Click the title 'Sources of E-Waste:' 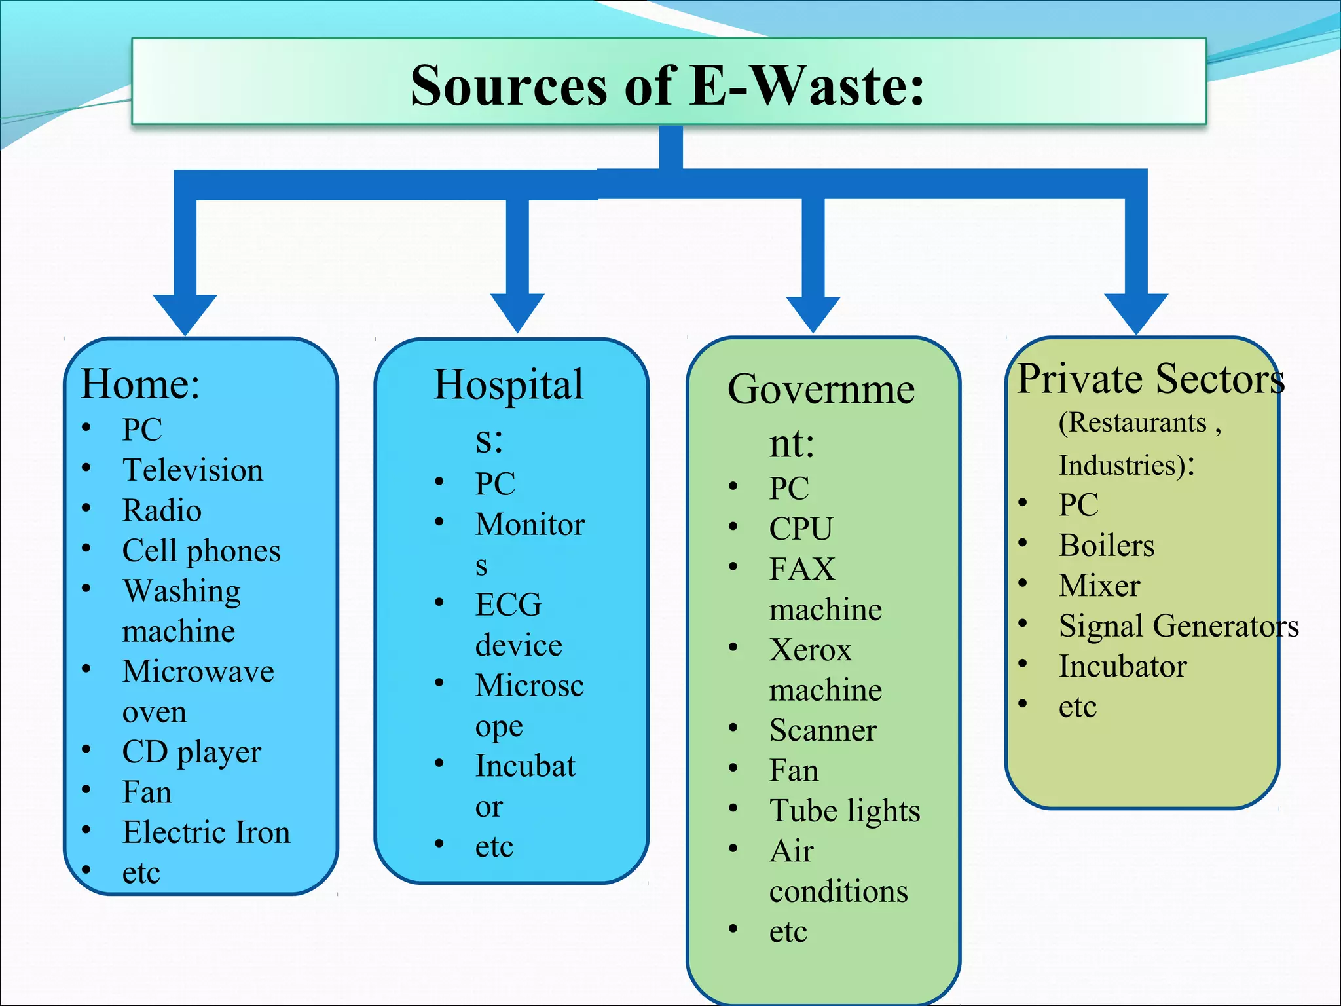(x=667, y=86)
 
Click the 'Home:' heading (x=140, y=384)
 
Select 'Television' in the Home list (x=193, y=470)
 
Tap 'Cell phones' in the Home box (x=201, y=551)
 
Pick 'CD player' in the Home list (x=191, y=753)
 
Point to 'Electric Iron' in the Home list (x=206, y=832)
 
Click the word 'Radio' (x=162, y=511)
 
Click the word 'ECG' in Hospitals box (x=508, y=605)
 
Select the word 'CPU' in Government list (x=800, y=529)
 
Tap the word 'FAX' (x=802, y=569)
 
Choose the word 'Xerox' (x=810, y=650)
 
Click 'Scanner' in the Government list (x=822, y=730)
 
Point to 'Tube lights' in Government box (x=844, y=811)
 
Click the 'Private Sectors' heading (x=1150, y=379)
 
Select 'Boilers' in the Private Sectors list (x=1106, y=546)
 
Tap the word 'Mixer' (x=1099, y=586)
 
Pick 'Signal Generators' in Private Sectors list (x=1179, y=626)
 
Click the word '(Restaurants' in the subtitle (x=1133, y=423)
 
